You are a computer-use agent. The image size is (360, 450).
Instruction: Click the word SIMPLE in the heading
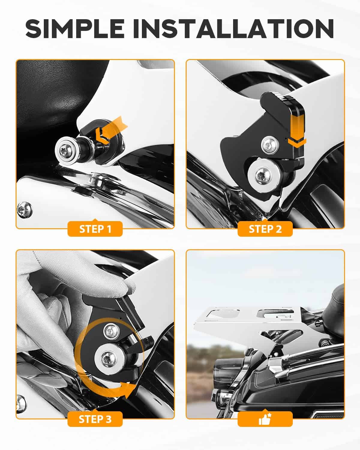[75, 28]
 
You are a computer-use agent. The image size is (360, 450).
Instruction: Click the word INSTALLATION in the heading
[233, 28]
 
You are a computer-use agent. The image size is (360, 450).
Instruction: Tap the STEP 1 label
[95, 229]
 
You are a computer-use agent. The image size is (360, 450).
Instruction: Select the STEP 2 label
[265, 229]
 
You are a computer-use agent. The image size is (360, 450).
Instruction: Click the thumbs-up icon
[265, 419]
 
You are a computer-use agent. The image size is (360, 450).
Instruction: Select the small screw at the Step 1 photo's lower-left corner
[25, 210]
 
